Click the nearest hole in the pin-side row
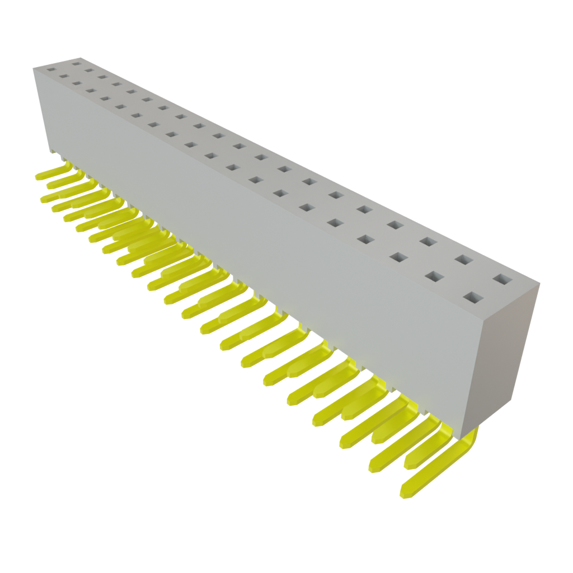tap(473, 297)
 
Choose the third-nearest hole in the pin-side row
tap(398, 257)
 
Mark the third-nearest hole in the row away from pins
tap(428, 242)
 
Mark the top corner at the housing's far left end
tap(32, 67)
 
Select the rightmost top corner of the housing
tap(541, 283)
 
